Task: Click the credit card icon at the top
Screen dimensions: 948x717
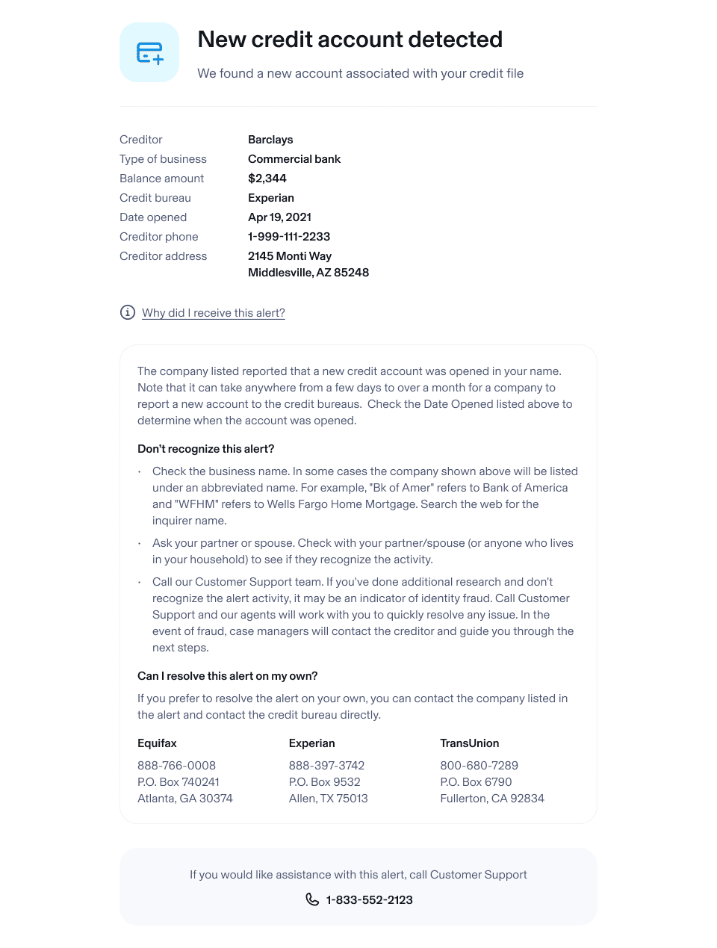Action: (x=149, y=52)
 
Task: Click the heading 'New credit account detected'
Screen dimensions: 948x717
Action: (x=350, y=40)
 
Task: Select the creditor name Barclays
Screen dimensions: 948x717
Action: (x=270, y=140)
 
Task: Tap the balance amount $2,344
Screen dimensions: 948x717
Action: (x=267, y=179)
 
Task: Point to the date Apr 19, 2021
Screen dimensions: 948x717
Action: (x=279, y=217)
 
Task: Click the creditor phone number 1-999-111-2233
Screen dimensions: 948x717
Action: (x=289, y=237)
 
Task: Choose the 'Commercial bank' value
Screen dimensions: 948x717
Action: (x=294, y=159)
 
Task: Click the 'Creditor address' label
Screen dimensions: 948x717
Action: (x=163, y=256)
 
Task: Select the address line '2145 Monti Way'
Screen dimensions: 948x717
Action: (x=290, y=256)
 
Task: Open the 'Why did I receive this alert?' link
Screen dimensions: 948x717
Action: (x=214, y=313)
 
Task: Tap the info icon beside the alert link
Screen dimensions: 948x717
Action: (x=128, y=312)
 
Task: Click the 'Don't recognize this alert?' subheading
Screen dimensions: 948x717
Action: (x=205, y=449)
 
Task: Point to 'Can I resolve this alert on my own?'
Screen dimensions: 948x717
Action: (x=227, y=676)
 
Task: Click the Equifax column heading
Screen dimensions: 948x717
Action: (x=157, y=743)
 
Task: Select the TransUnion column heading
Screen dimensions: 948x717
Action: (x=469, y=743)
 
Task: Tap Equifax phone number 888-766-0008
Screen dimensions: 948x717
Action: (x=176, y=766)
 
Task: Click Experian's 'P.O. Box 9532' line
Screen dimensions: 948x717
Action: (x=324, y=782)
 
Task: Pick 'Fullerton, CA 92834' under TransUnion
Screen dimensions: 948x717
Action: (x=491, y=799)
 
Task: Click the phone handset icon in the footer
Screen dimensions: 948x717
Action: (x=312, y=899)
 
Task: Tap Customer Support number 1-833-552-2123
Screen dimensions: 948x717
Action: (x=369, y=900)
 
